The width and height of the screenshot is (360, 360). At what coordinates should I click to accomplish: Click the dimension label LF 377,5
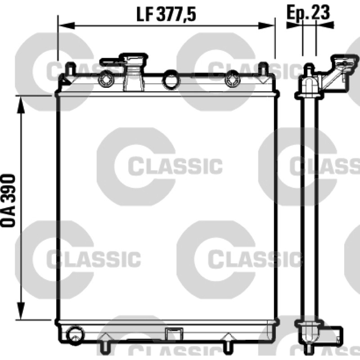tap(166, 14)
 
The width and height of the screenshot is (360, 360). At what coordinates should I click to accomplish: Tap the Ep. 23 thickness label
tap(308, 12)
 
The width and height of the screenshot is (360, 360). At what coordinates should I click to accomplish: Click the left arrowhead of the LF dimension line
tap(67, 26)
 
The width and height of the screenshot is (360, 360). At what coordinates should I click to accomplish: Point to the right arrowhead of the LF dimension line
tap(266, 26)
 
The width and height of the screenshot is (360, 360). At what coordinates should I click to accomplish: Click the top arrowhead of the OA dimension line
tap(21, 105)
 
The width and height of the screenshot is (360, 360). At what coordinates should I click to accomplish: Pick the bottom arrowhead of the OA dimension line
tap(21, 311)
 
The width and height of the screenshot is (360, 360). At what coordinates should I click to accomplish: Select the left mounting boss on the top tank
tap(106, 80)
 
